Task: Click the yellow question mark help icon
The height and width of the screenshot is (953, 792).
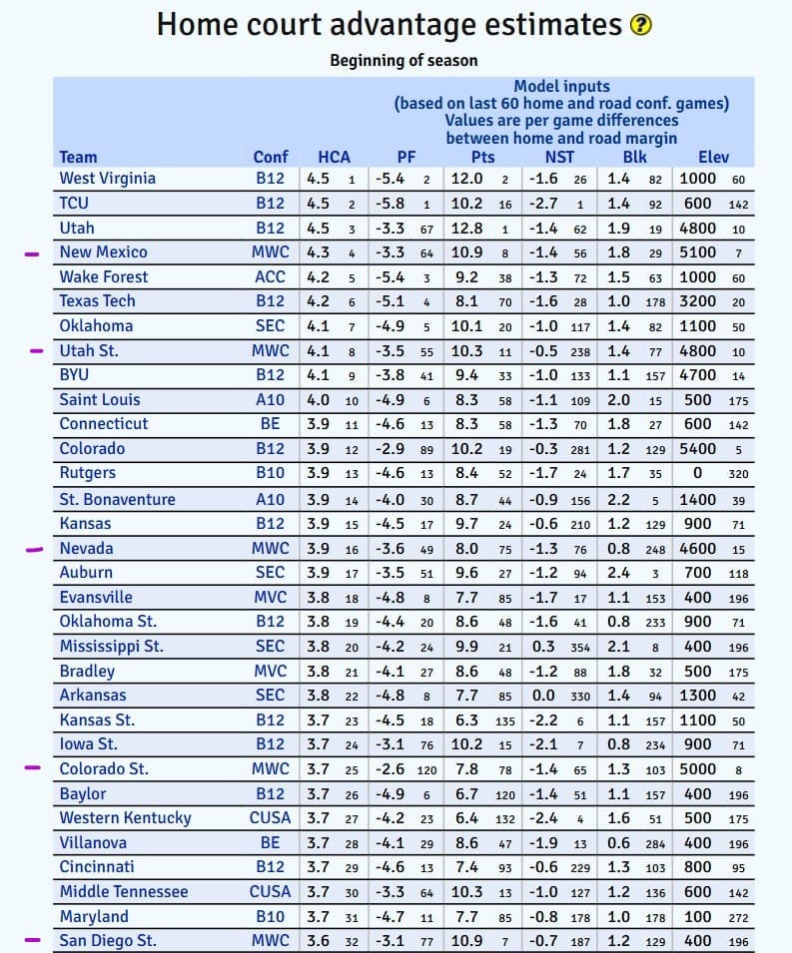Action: (641, 26)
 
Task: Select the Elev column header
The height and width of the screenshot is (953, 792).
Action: (713, 157)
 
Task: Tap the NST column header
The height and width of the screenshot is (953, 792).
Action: (559, 157)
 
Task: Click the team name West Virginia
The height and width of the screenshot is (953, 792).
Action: (108, 179)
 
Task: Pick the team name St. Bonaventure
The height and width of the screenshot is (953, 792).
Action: (117, 499)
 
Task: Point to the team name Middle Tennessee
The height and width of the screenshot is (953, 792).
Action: (124, 891)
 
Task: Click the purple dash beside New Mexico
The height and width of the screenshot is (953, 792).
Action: (33, 253)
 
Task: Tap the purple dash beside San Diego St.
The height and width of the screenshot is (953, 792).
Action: (33, 939)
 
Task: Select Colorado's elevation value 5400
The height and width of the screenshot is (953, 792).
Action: (697, 449)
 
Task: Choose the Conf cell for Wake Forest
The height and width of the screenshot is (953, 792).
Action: (270, 276)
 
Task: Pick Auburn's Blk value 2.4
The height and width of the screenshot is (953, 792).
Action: (619, 573)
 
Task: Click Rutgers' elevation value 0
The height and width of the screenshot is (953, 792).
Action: (697, 473)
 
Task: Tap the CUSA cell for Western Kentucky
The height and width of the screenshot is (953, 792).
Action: (270, 817)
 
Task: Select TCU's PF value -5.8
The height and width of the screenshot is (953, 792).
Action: (388, 203)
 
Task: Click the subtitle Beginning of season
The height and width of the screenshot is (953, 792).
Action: (403, 60)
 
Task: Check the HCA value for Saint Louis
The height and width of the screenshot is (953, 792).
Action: (318, 400)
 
